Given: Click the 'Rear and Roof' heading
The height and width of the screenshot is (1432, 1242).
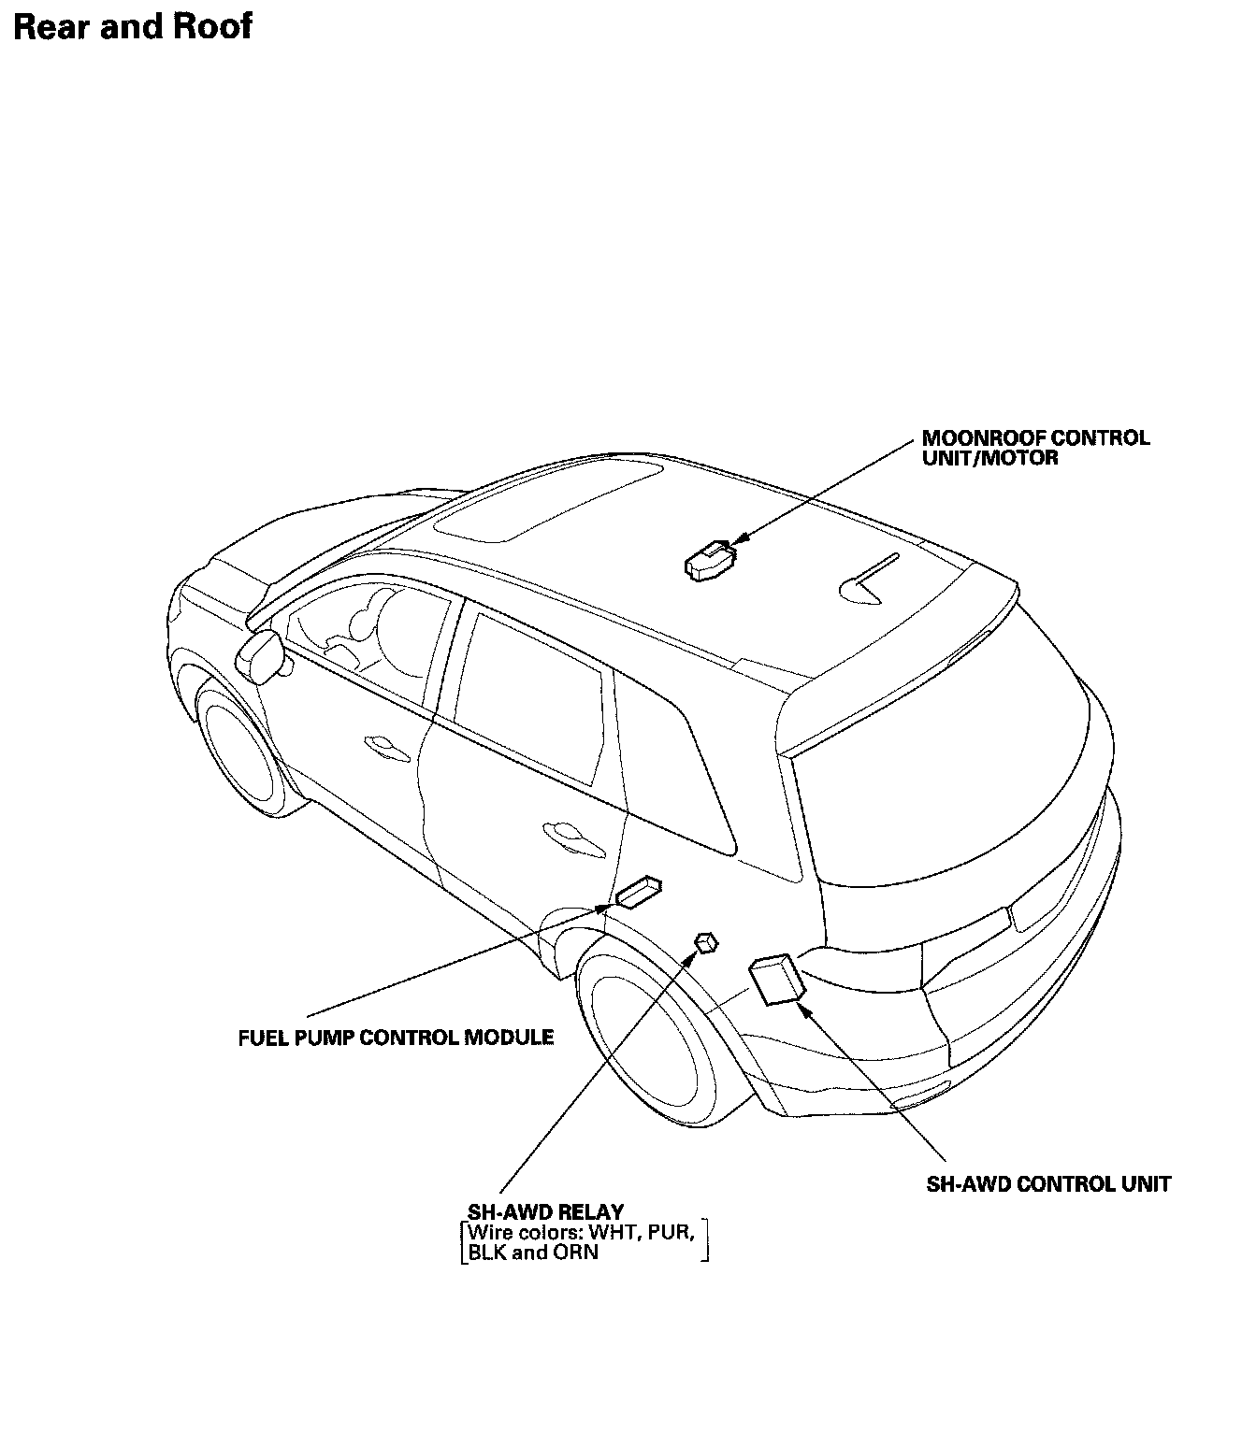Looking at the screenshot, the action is pos(133,26).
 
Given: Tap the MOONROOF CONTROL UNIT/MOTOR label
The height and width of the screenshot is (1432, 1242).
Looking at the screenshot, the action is pos(1035,448).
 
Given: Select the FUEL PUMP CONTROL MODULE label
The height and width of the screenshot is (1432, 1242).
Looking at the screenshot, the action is pos(396,1038).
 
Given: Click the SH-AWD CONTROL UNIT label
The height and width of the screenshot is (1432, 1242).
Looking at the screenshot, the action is pos(1048,1184).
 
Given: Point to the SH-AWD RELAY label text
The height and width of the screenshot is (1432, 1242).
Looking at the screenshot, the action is pos(546,1213).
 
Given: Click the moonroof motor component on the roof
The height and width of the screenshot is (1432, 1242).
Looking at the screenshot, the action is pos(709,560).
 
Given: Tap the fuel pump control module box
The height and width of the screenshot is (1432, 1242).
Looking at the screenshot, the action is pos(639,892).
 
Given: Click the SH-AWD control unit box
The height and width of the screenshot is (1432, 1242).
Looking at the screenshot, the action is pos(777,980).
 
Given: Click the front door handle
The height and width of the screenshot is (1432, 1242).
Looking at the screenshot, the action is pos(383,744).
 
